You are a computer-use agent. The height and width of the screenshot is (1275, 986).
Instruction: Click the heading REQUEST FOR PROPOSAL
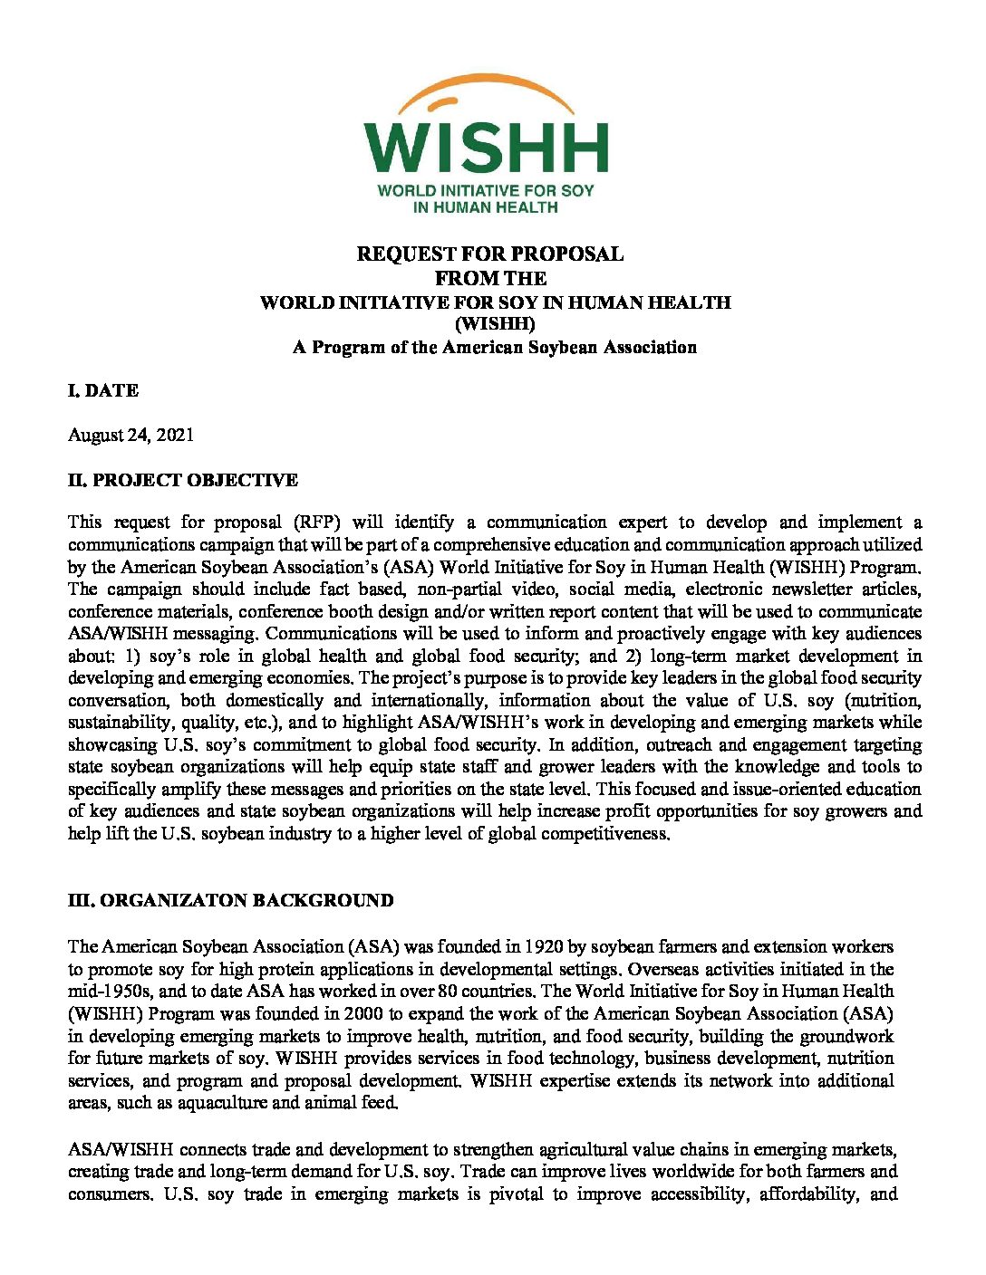[489, 254]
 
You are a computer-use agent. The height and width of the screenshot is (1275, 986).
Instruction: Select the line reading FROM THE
[490, 278]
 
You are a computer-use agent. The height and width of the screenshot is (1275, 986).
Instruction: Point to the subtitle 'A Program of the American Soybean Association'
[494, 347]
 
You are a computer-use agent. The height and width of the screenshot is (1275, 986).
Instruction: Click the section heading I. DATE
[103, 390]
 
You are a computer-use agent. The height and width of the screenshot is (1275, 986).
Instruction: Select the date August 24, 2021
[130, 435]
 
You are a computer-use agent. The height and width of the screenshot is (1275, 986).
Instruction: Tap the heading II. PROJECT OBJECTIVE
[182, 480]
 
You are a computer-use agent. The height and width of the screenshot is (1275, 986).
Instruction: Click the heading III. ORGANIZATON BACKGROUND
[230, 900]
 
